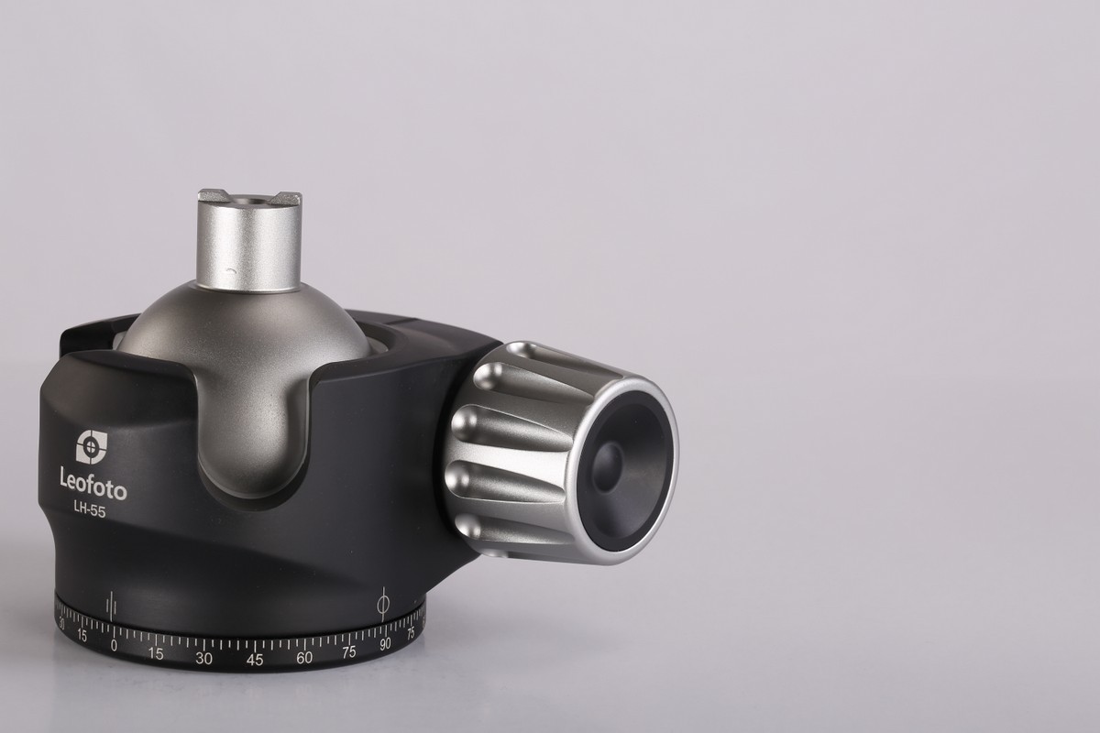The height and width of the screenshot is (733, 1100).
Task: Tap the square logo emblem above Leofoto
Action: pyautogui.click(x=92, y=447)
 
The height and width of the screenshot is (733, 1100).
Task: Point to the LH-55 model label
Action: pyautogui.click(x=90, y=511)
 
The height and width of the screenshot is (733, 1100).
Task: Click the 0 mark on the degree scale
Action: pyautogui.click(x=114, y=645)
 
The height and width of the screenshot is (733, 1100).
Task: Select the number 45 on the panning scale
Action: pyautogui.click(x=255, y=660)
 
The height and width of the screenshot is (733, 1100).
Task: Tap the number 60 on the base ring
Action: pyautogui.click(x=304, y=657)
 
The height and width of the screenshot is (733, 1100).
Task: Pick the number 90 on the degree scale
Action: pyautogui.click(x=385, y=643)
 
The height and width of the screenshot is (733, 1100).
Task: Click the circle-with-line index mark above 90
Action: pyautogui.click(x=383, y=604)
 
